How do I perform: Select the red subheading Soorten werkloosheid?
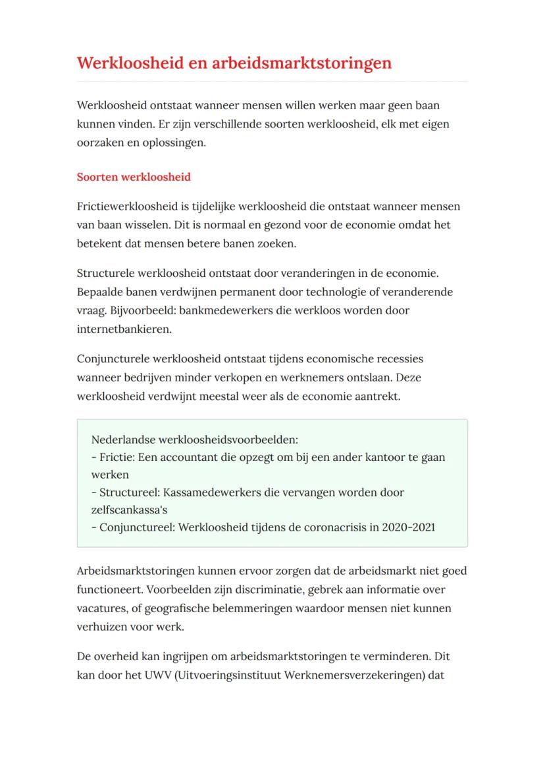(134, 178)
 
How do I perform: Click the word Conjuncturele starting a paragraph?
(113, 359)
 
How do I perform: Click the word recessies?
(400, 359)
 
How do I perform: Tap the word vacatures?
(103, 608)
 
